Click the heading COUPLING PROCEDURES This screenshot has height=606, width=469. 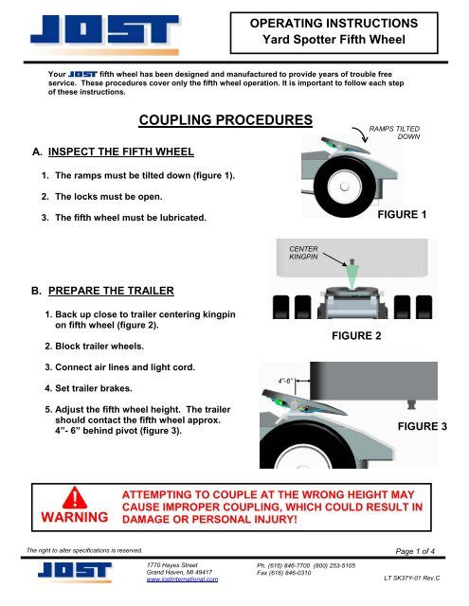(225, 121)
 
